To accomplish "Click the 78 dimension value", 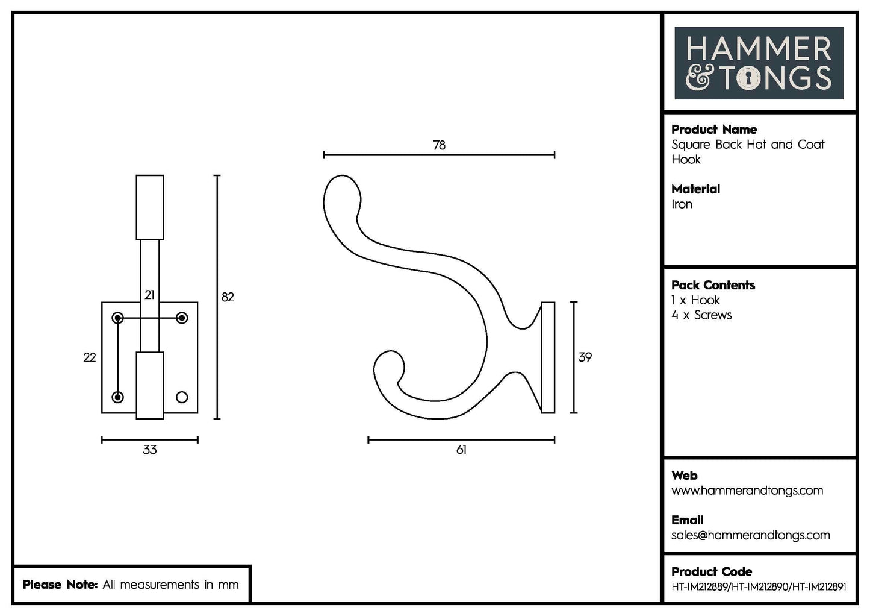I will [439, 145].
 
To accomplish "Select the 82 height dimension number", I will [228, 297].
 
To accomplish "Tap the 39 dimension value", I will [585, 357].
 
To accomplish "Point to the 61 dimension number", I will [461, 450].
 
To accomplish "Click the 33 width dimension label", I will [149, 450].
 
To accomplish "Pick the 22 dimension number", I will [90, 357].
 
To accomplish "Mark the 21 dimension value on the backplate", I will [149, 295].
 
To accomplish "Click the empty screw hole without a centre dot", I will [182, 397].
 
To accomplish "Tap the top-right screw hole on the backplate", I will [182, 318].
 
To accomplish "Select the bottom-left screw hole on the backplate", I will [118, 397].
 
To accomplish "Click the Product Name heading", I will [713, 130].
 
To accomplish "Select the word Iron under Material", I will [682, 204].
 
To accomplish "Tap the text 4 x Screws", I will [701, 315].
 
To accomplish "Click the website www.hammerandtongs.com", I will [747, 491].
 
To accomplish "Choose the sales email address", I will [750, 535].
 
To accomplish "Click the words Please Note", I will [60, 585].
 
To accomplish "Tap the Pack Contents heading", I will [713, 285].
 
